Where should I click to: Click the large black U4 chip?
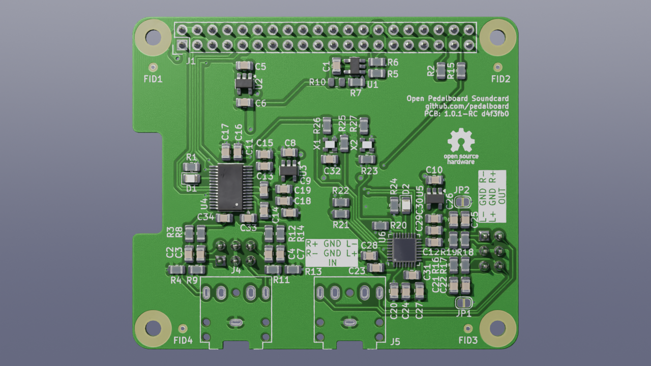pyautogui.click(x=231, y=187)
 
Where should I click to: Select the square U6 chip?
pyautogui.click(x=403, y=249)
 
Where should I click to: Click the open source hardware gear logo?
pyautogui.click(x=461, y=141)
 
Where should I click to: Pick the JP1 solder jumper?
pyautogui.click(x=463, y=303)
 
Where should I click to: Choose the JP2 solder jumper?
pyautogui.click(x=462, y=202)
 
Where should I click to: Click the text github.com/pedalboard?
pyautogui.click(x=466, y=106)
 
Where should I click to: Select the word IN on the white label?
pyautogui.click(x=332, y=262)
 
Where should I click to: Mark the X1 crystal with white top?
pyautogui.click(x=330, y=144)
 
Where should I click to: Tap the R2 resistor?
pyautogui.click(x=441, y=71)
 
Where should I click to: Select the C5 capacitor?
pyautogui.click(x=245, y=66)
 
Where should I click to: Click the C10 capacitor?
pyautogui.click(x=434, y=179)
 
